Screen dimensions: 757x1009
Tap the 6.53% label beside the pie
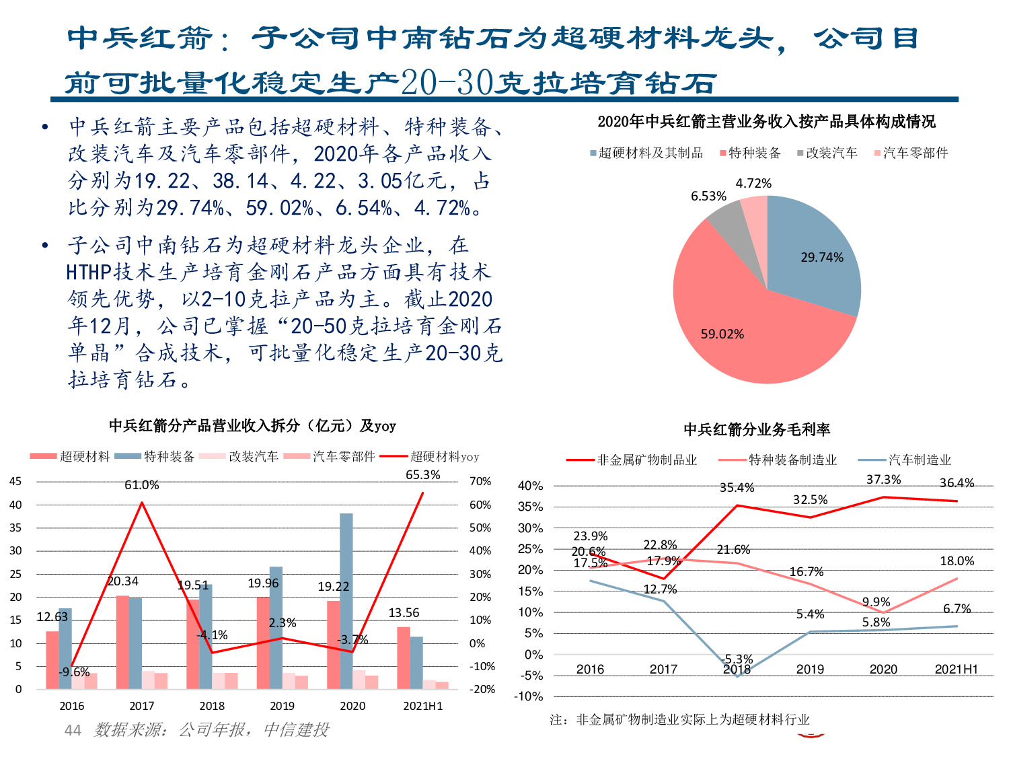(x=708, y=196)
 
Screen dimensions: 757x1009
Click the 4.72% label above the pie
(x=753, y=183)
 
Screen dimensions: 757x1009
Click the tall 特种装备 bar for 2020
(x=346, y=599)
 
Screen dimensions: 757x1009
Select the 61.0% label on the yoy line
(x=141, y=484)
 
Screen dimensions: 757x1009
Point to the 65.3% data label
(x=422, y=474)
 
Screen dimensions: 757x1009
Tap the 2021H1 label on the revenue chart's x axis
(x=422, y=706)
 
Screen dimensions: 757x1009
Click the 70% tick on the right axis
(x=480, y=481)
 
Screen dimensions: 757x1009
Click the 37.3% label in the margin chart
(x=883, y=479)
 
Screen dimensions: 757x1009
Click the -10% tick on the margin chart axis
(x=528, y=696)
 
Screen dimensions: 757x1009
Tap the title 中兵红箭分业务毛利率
(x=757, y=429)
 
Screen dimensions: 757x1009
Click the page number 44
(x=73, y=730)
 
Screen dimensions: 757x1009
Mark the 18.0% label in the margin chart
(x=957, y=561)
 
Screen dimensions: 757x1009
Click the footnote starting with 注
(x=679, y=719)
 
